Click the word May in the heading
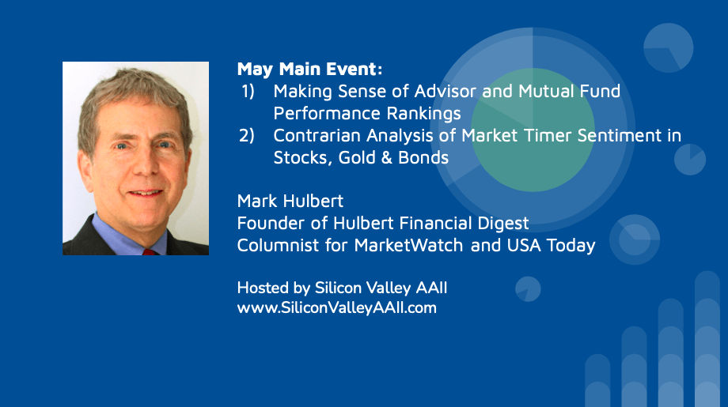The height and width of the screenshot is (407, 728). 255,70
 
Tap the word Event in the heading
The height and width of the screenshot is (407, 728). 351,69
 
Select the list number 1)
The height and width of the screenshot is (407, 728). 248,92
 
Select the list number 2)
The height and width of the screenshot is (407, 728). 247,135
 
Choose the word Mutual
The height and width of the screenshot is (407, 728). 539,91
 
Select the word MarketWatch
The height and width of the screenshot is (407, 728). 408,245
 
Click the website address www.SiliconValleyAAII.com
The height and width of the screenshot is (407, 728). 336,307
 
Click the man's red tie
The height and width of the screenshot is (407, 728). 149,252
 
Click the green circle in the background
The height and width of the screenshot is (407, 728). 533,130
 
